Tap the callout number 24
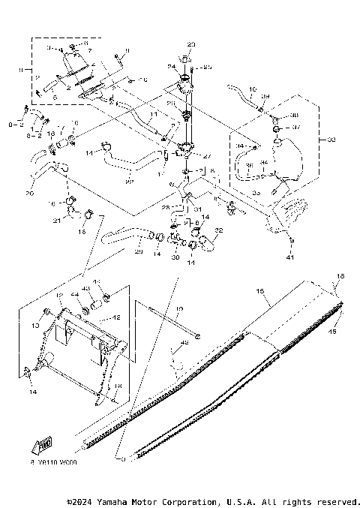[171, 68]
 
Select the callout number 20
[29, 193]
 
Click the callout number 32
[219, 230]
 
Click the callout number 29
[138, 251]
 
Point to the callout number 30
[174, 257]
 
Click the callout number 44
[74, 296]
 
